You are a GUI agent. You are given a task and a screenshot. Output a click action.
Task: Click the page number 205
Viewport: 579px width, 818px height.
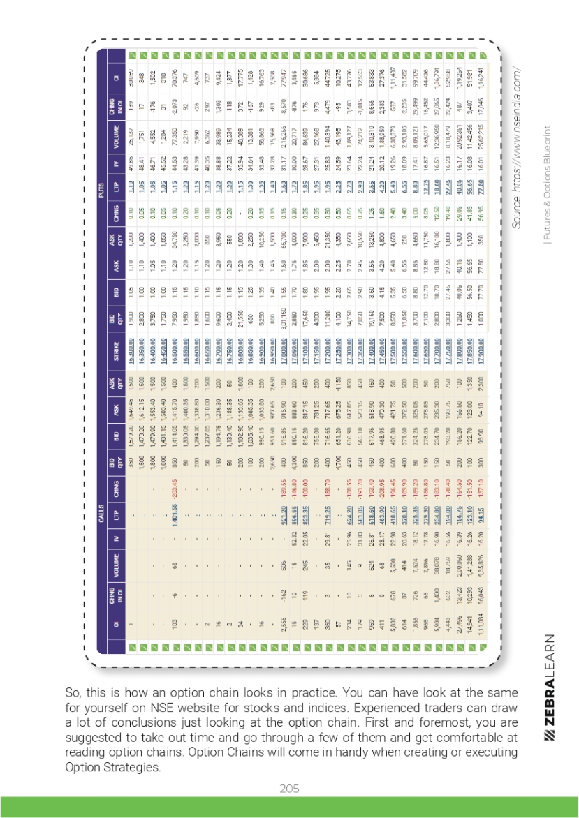click(x=289, y=788)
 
